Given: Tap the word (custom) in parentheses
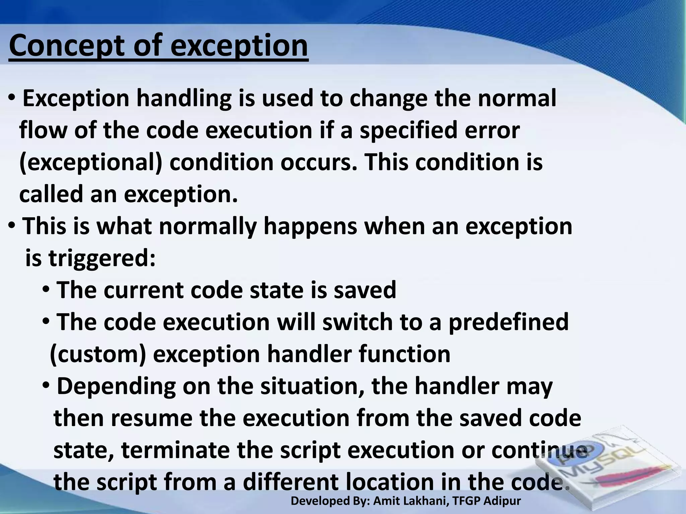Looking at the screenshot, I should point(98,354).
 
